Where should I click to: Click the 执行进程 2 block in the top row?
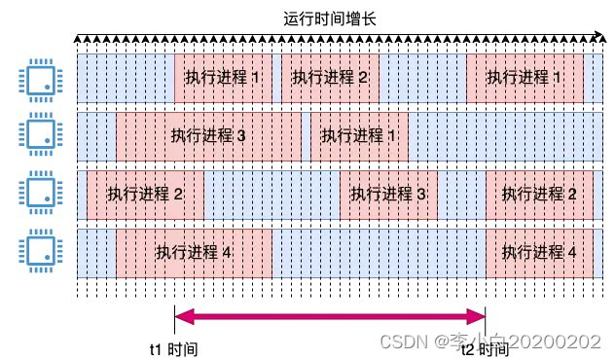[x=330, y=78]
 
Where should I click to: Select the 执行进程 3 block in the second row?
[x=207, y=135]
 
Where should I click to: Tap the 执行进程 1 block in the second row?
[x=359, y=135]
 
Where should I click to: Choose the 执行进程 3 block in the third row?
[x=388, y=194]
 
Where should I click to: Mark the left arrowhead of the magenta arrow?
[x=181, y=316]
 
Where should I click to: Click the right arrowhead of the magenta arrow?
[x=478, y=316]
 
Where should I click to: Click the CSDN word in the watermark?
[x=398, y=342]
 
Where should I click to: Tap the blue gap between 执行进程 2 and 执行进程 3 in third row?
[x=271, y=194]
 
